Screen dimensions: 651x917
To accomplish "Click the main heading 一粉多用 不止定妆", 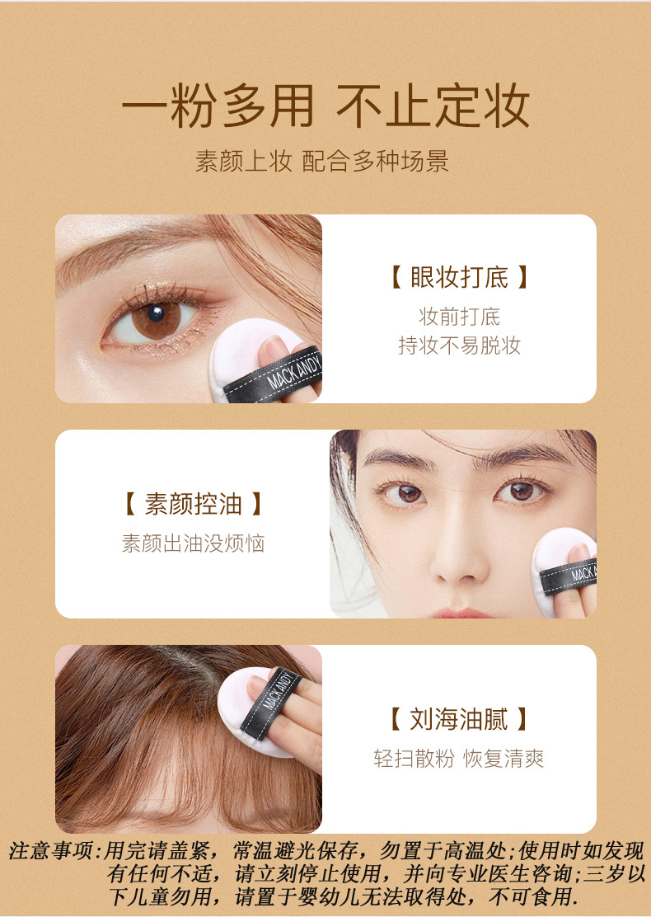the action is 325,106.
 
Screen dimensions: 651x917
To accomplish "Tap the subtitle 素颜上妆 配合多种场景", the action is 322,161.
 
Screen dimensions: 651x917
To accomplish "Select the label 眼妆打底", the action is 459,276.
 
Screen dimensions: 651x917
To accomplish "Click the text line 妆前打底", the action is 459,317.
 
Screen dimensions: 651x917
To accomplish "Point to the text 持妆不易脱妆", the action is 459,345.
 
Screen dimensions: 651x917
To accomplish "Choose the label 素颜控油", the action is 194,504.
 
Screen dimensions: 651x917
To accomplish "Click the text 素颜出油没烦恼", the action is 194,543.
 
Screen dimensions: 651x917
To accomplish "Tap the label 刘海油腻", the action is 459,719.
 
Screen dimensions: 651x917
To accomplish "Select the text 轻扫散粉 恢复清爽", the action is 459,759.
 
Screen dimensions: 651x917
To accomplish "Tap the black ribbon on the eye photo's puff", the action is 274,375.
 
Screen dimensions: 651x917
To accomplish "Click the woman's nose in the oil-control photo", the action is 461,556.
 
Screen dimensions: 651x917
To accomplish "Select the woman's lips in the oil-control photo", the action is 461,613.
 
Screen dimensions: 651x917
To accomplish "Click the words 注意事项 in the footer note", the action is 51,850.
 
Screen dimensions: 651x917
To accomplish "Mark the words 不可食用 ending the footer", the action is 533,896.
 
